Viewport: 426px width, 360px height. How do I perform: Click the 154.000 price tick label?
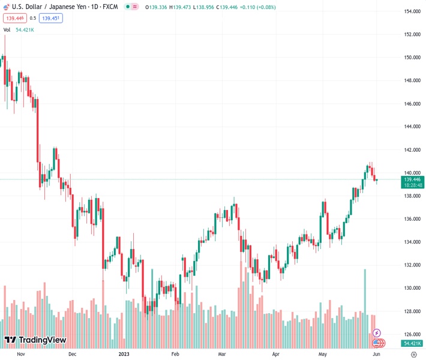[412, 11]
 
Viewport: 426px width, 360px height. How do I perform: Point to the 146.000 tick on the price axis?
[412, 104]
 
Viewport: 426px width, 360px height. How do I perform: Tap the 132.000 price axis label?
[412, 265]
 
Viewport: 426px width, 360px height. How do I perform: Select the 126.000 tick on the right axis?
[412, 334]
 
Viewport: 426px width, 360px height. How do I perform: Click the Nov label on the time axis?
[20, 354]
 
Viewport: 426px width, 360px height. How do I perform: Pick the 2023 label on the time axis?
[125, 354]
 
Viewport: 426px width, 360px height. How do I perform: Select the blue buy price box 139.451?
[52, 18]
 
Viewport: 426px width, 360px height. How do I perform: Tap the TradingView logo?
[35, 340]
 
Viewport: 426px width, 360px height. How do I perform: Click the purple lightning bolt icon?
[377, 333]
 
